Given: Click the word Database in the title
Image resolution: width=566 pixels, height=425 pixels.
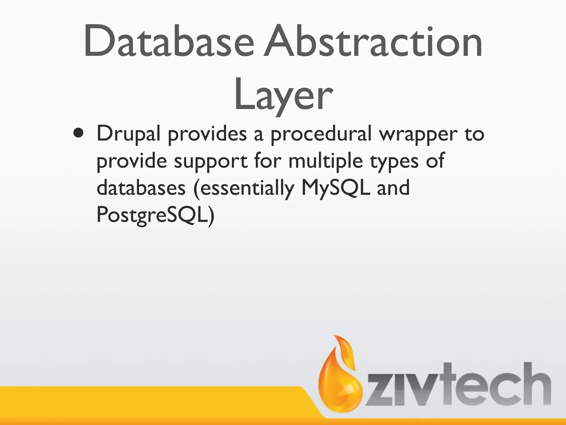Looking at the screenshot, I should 169,42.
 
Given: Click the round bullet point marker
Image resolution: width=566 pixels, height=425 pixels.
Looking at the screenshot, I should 78,133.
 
